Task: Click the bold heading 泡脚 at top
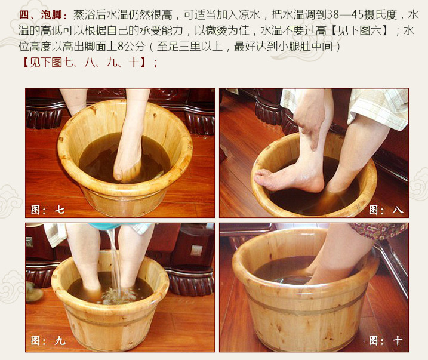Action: point(51,15)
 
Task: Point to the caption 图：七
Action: point(48,210)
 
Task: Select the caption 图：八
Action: point(386,210)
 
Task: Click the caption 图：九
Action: point(48,340)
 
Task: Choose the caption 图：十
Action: point(386,340)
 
